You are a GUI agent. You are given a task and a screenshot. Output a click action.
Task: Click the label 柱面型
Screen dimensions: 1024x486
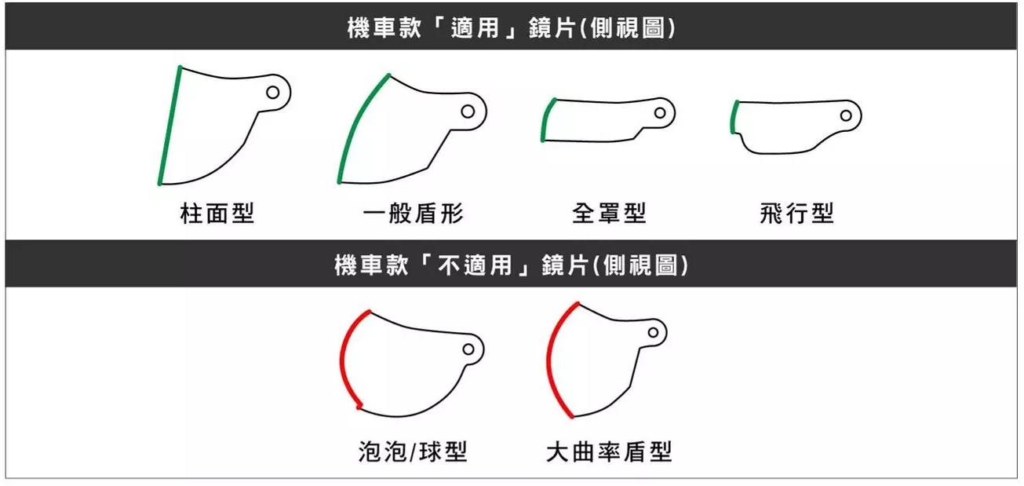(217, 214)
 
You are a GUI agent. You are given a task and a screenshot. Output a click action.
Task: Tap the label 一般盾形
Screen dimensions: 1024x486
(414, 214)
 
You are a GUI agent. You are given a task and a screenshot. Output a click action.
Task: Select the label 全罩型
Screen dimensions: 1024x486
(610, 214)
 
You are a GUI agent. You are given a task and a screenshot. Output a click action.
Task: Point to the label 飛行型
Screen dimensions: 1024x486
(796, 214)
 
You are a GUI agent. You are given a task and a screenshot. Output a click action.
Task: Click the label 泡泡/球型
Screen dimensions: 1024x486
(413, 451)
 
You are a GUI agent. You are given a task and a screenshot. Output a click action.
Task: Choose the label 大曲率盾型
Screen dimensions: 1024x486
(609, 451)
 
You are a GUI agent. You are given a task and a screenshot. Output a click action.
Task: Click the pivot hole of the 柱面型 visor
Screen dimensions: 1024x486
(273, 93)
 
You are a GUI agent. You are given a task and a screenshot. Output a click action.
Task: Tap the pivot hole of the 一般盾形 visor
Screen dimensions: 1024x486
(468, 111)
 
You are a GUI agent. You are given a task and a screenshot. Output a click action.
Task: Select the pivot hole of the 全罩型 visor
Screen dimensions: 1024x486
(660, 112)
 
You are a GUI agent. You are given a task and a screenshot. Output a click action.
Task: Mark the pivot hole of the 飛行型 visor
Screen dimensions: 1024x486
(846, 115)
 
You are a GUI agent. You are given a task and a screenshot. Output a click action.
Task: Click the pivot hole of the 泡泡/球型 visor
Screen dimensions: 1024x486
(468, 349)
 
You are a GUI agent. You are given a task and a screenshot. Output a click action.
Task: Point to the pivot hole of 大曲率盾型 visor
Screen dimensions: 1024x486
(654, 332)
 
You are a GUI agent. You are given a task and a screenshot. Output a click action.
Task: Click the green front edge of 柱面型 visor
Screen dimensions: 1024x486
(170, 126)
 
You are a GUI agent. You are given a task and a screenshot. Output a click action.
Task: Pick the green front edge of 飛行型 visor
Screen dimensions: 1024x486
(732, 117)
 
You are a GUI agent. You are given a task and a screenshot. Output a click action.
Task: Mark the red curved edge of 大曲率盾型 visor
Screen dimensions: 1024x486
(550, 361)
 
